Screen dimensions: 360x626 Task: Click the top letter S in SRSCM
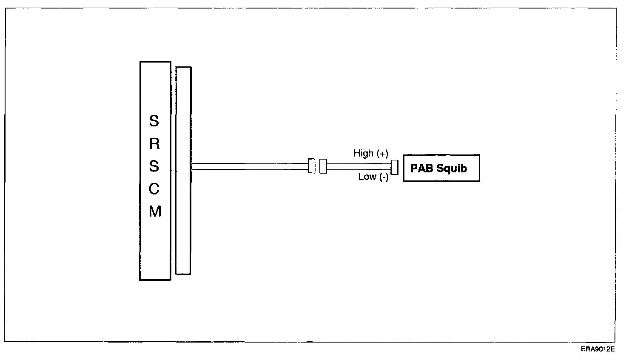click(154, 121)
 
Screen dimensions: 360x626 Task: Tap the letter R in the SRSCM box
click(154, 144)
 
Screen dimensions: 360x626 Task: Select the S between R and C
click(154, 166)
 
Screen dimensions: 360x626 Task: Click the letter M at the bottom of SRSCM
click(155, 211)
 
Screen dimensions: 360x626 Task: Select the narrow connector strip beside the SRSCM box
click(183, 170)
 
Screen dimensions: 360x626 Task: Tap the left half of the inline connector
click(312, 166)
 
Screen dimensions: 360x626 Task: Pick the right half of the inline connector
click(323, 166)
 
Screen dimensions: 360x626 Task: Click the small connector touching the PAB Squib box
click(394, 167)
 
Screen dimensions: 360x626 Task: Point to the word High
click(363, 153)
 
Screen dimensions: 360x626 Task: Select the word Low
click(367, 177)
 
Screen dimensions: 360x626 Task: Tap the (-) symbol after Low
click(384, 177)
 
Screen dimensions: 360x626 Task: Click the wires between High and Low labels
click(359, 166)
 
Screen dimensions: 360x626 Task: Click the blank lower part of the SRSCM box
click(155, 255)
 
